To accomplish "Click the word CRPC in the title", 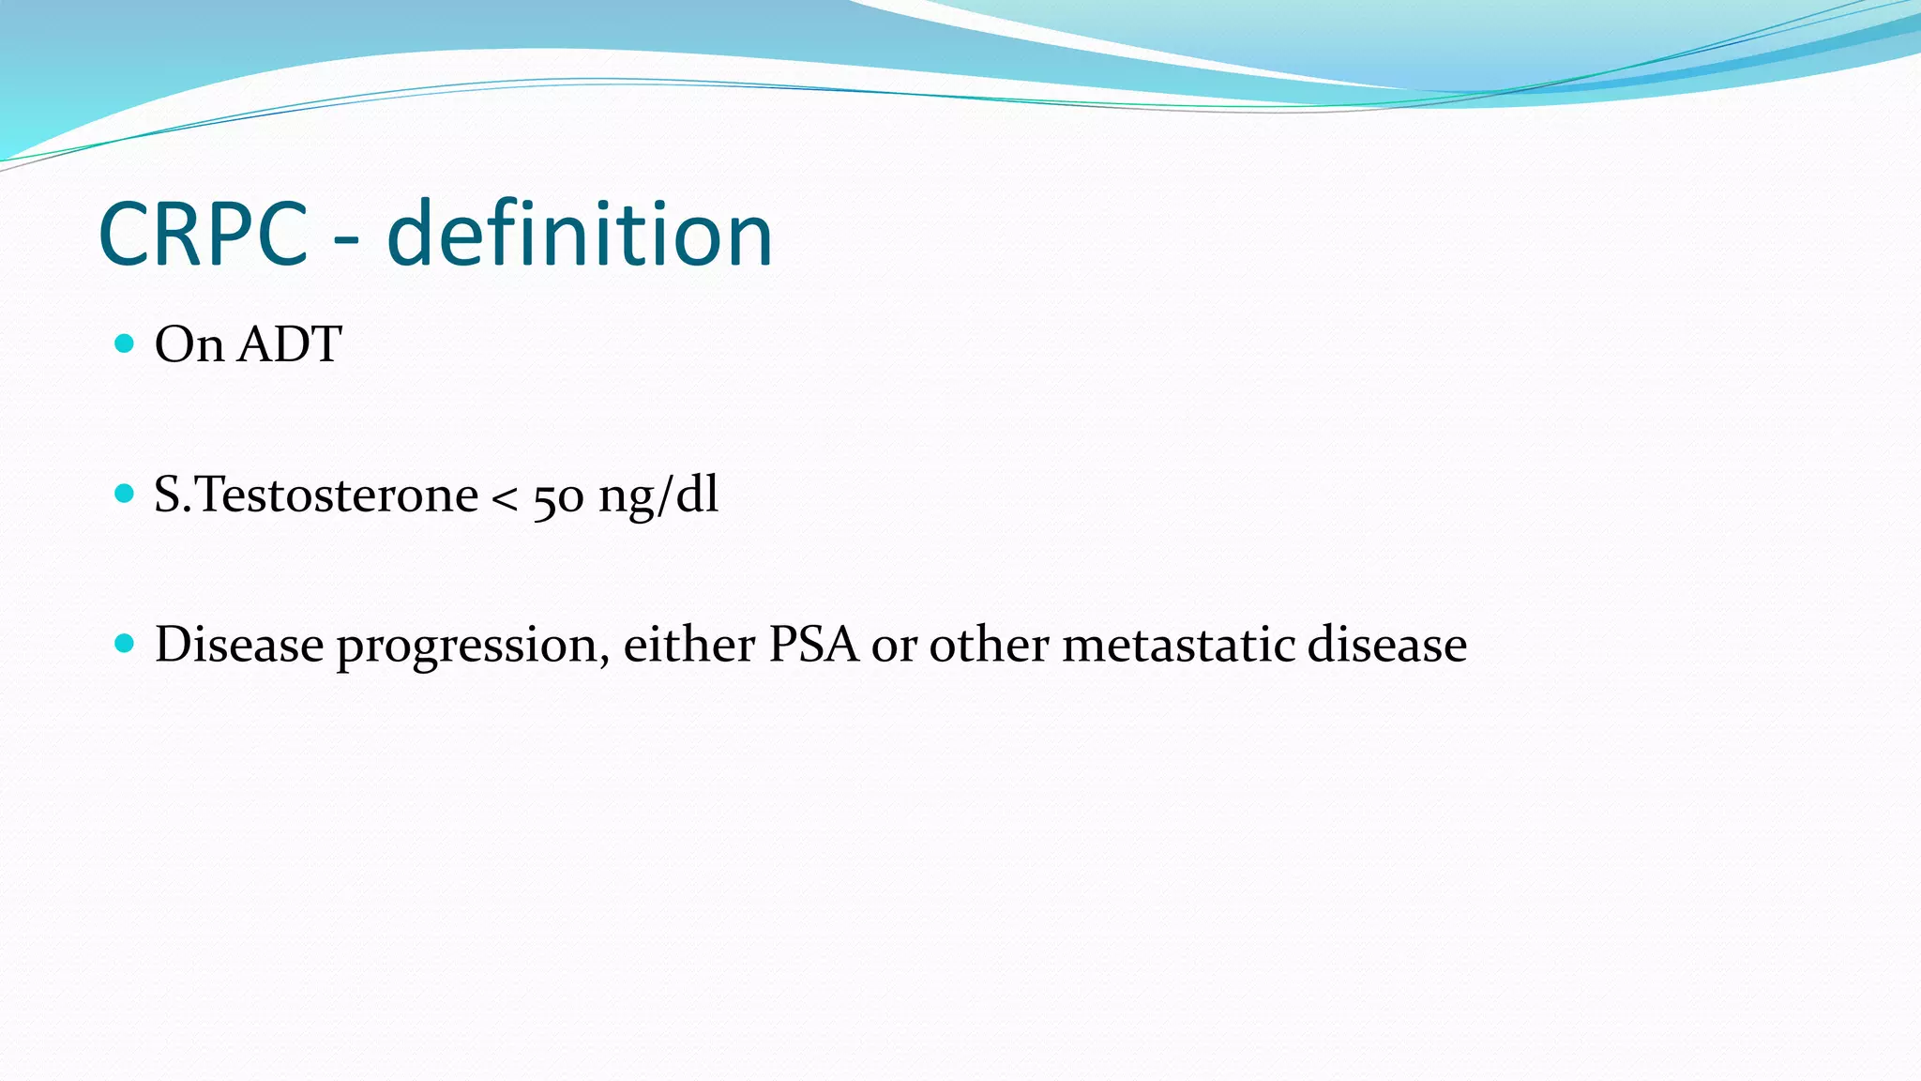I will [x=203, y=235].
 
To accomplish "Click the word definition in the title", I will [x=580, y=235].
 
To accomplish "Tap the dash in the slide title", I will [x=346, y=242].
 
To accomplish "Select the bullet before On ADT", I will [x=124, y=343].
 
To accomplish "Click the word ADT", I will [x=289, y=344].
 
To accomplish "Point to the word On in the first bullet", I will [x=189, y=344].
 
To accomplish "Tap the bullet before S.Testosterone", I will [x=124, y=494].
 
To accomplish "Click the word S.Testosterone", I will [x=316, y=495].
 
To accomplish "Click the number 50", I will [x=558, y=498].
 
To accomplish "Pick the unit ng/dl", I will [x=658, y=495].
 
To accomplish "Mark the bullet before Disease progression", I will [x=124, y=644].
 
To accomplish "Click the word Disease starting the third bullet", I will [x=239, y=645].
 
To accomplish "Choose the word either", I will [x=688, y=645].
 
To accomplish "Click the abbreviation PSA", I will [x=813, y=645].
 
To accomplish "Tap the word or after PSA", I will [x=893, y=647].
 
